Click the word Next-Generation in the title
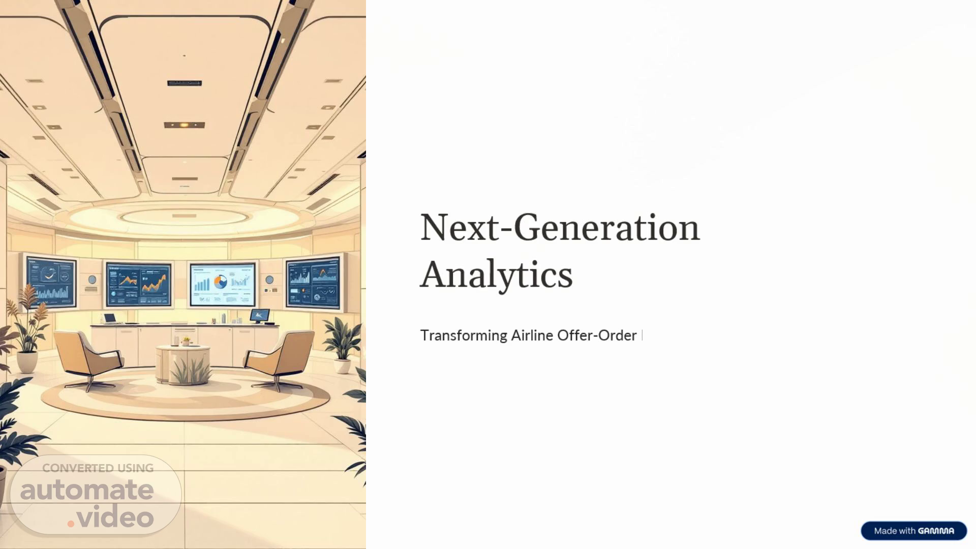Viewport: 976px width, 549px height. pyautogui.click(x=560, y=227)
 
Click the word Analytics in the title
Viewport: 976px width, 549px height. pyautogui.click(x=496, y=276)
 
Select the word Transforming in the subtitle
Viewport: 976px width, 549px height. pyautogui.click(x=464, y=336)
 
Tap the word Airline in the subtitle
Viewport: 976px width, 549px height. pyautogui.click(x=532, y=335)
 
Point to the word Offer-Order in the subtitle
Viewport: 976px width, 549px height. pyautogui.click(x=597, y=335)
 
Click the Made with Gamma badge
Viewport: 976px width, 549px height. pyautogui.click(x=913, y=531)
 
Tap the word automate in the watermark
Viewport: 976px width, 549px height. pyautogui.click(x=87, y=490)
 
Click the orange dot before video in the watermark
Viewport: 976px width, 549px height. pyautogui.click(x=71, y=523)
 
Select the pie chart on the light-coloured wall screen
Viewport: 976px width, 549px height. pyautogui.click(x=221, y=282)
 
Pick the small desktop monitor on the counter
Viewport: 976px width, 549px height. pyautogui.click(x=260, y=316)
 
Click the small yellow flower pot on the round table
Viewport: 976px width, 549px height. pyautogui.click(x=186, y=342)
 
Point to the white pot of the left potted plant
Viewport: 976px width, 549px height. pyautogui.click(x=27, y=361)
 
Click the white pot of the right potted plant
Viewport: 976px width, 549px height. pyautogui.click(x=343, y=365)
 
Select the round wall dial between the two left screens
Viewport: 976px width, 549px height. pyautogui.click(x=92, y=280)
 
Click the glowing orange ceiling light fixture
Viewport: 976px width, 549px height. pyautogui.click(x=184, y=125)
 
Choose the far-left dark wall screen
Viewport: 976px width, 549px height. pyautogui.click(x=50, y=281)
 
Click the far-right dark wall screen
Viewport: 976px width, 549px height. pyautogui.click(x=314, y=282)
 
